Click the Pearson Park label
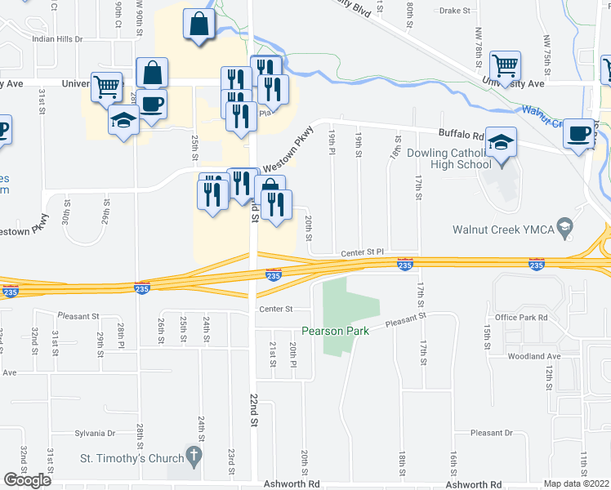[335, 331]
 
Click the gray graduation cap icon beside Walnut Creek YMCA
[563, 225]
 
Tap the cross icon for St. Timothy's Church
[194, 453]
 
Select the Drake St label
[456, 11]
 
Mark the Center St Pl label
[362, 254]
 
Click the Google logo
[28, 480]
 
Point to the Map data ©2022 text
[577, 483]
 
